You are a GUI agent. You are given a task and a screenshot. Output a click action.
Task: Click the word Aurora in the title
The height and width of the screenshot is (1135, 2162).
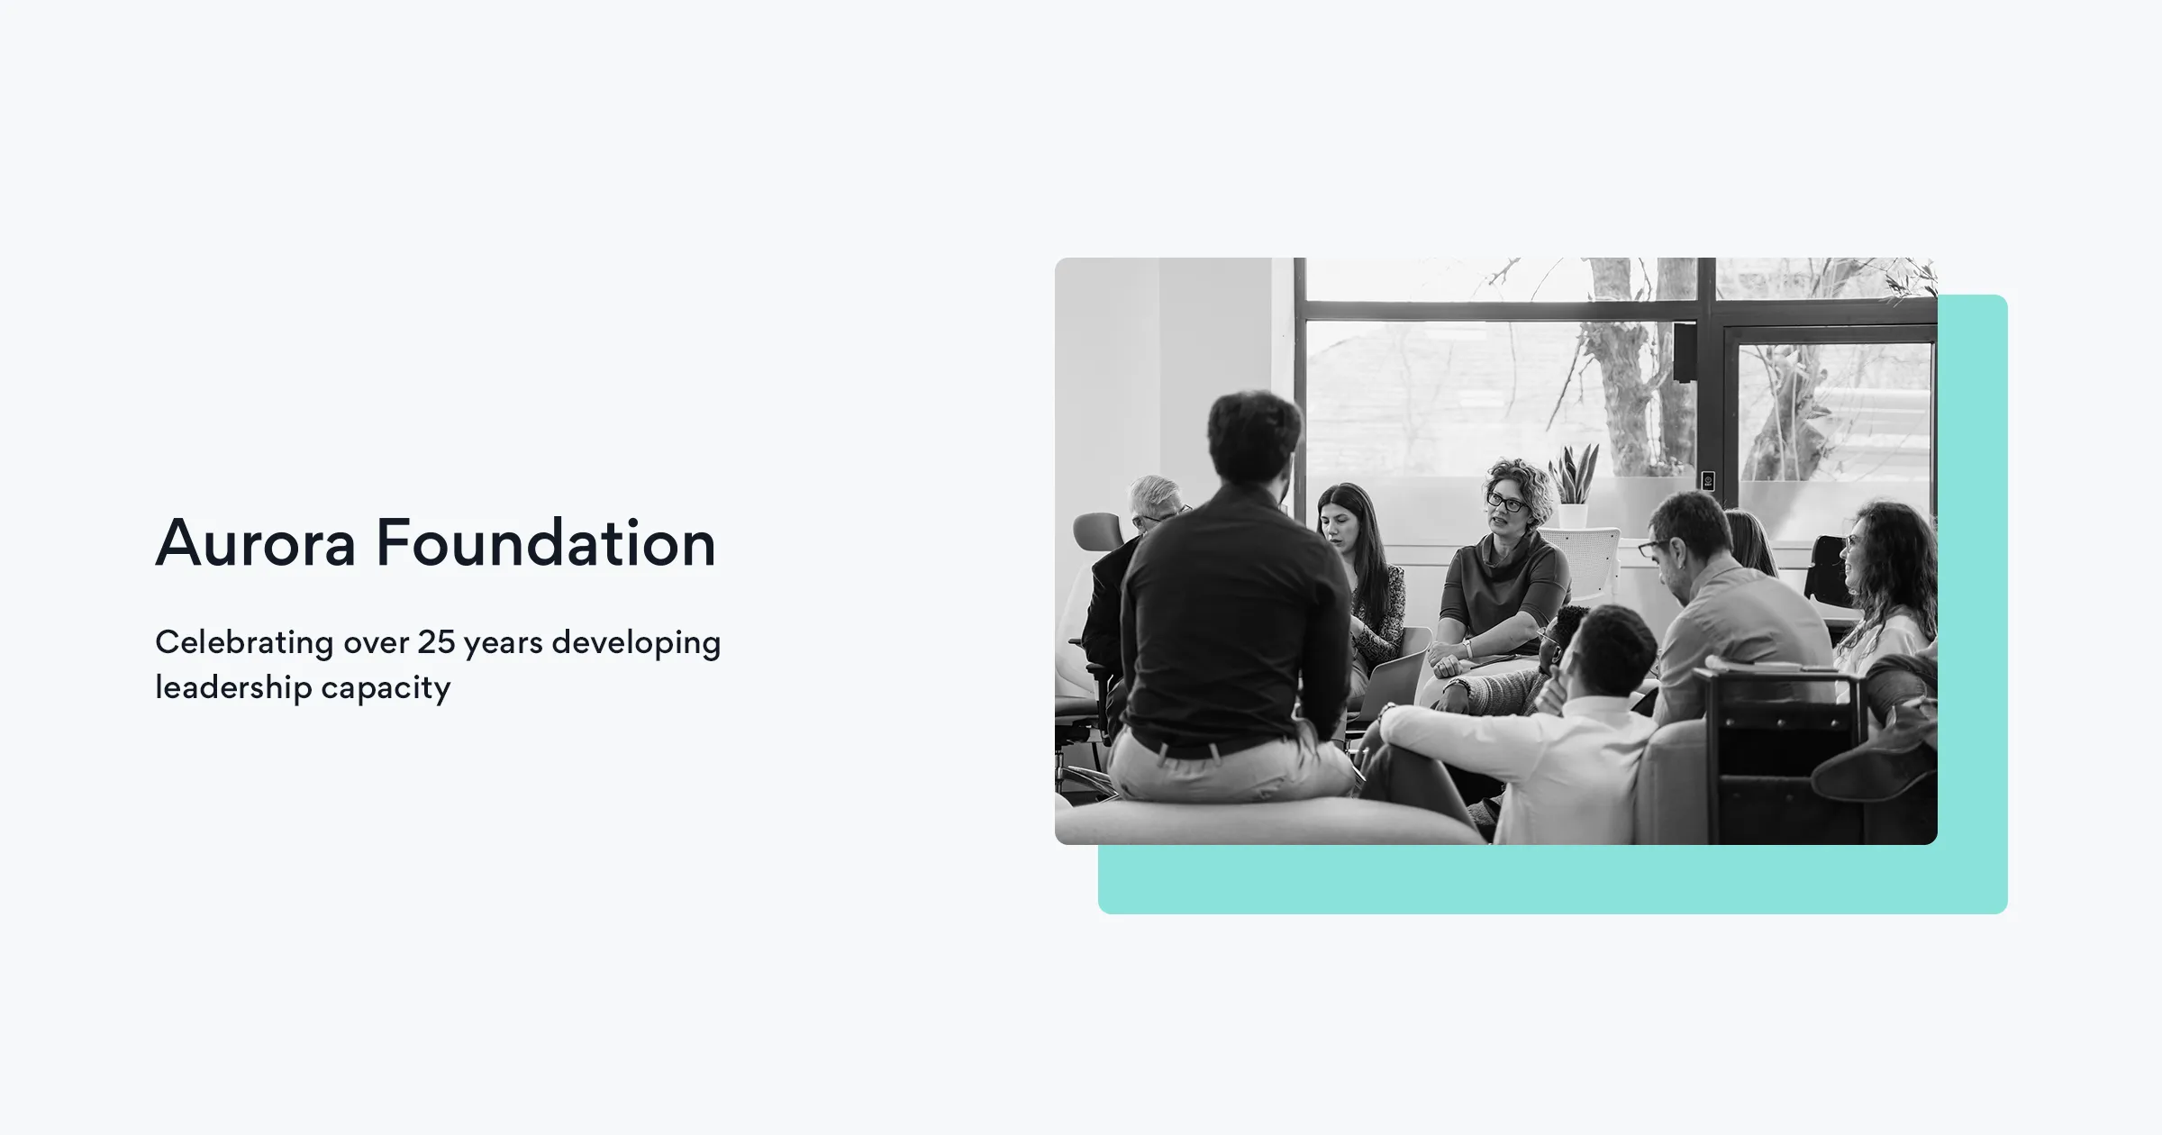[x=256, y=543]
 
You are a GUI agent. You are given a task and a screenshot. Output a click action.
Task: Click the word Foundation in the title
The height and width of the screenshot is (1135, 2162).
[x=546, y=543]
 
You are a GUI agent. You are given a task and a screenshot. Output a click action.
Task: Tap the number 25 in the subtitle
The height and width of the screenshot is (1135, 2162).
[x=436, y=642]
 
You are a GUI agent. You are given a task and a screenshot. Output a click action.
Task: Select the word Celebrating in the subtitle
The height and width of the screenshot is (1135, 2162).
[x=244, y=643]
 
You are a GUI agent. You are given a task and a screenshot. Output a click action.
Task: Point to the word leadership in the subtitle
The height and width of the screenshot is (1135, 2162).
[x=233, y=687]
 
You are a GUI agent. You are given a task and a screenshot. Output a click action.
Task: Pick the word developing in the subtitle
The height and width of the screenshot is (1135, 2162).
[x=636, y=643]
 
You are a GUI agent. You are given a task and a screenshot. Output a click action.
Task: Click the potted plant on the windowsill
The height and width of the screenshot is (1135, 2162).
[x=1573, y=486]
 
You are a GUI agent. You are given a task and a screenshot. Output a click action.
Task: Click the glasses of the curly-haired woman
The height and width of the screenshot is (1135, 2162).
[x=1504, y=503]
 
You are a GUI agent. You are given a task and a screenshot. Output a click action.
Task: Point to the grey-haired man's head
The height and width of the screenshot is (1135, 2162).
[x=1154, y=501]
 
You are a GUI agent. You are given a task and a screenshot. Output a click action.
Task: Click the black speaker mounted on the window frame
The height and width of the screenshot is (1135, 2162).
[x=1683, y=352]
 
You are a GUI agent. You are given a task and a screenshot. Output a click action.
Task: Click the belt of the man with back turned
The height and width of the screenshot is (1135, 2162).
[x=1198, y=747]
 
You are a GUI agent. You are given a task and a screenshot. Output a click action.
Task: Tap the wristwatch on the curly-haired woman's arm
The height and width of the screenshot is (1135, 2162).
[x=1468, y=649]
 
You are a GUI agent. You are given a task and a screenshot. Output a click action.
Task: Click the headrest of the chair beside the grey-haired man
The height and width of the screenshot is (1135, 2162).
[x=1098, y=531]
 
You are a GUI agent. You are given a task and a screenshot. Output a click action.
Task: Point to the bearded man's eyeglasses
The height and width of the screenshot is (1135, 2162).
[x=1651, y=548]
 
